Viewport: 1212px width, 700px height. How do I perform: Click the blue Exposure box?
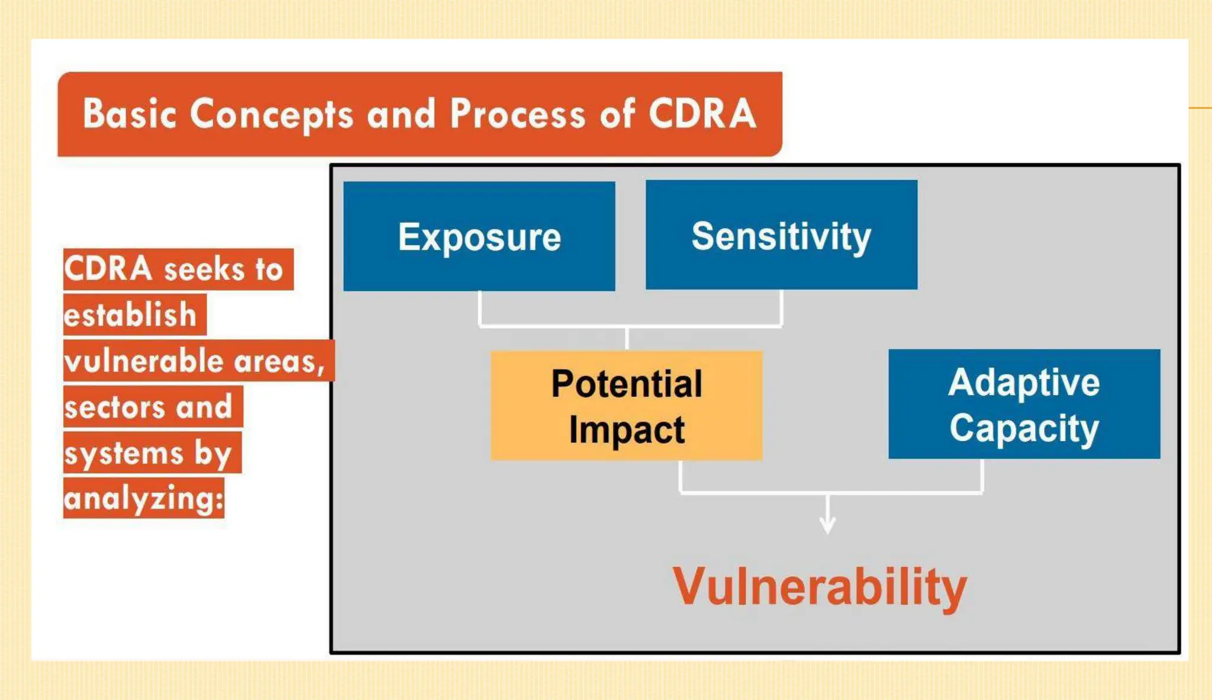(479, 237)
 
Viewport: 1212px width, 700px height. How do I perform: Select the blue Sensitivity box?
(781, 236)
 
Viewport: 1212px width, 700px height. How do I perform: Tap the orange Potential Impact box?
(626, 406)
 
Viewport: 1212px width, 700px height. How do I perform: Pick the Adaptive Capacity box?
(1024, 404)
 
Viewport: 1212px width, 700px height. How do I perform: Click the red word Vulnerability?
(820, 586)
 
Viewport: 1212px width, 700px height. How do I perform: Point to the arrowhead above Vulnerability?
(827, 524)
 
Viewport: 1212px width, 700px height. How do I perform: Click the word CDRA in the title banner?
(702, 114)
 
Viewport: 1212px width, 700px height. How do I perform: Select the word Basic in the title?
(129, 114)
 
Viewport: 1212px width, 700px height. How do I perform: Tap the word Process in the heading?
(518, 114)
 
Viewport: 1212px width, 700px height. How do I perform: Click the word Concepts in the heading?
(271, 115)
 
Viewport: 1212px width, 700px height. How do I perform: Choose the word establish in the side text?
(130, 314)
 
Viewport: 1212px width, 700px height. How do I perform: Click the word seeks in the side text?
(204, 270)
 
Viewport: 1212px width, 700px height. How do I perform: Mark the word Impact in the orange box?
(626, 429)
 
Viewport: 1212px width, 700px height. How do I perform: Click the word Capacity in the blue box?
(1024, 428)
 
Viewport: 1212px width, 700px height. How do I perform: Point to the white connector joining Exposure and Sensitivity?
(627, 326)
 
